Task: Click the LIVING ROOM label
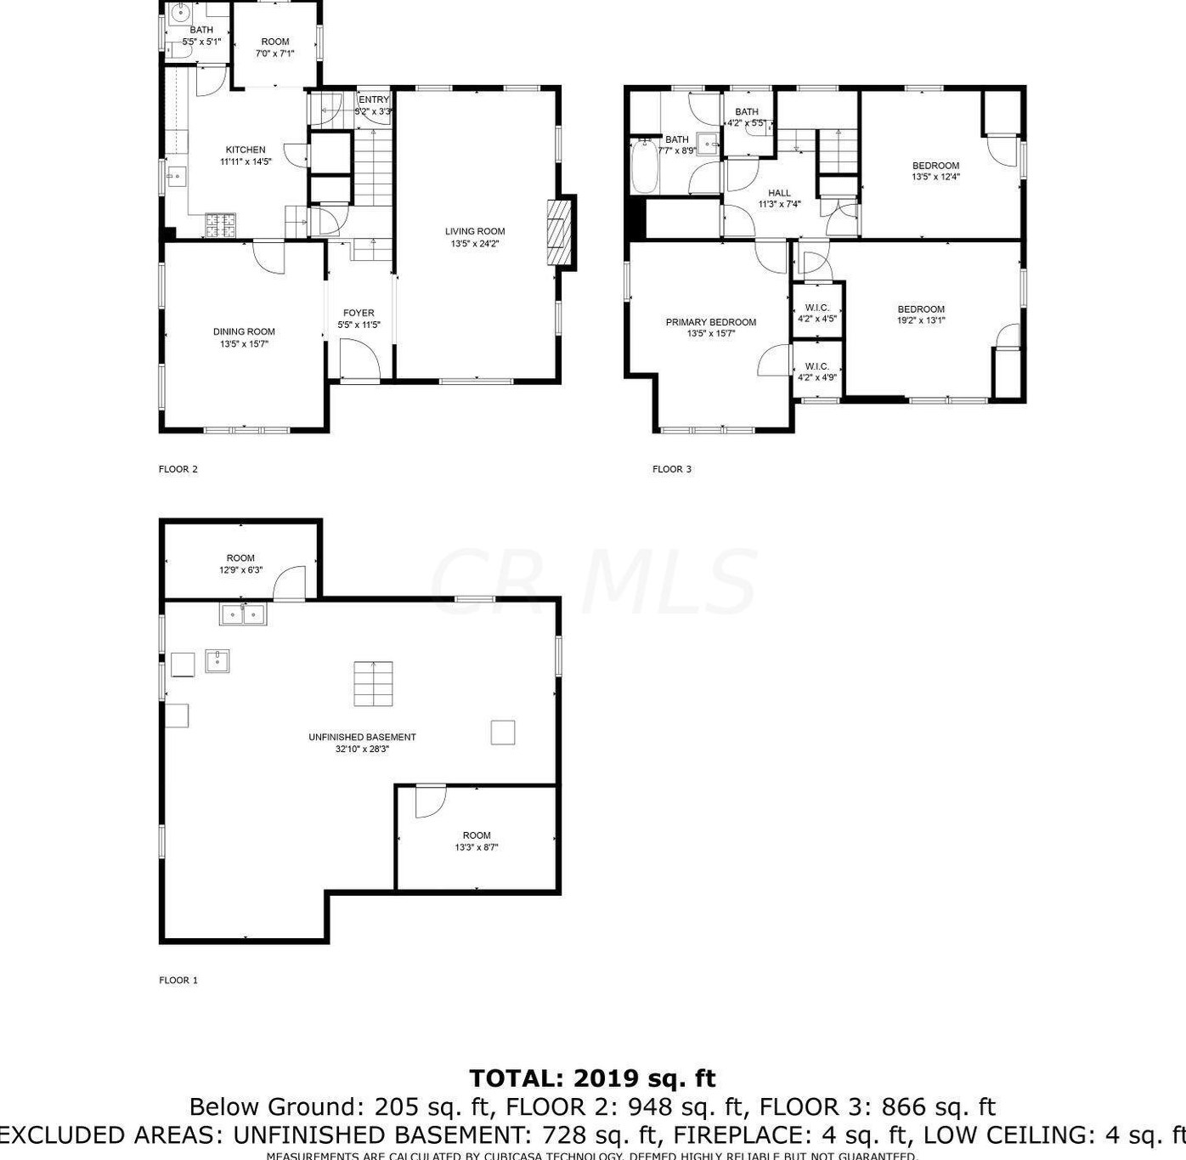point(475,231)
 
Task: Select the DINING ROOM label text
point(244,331)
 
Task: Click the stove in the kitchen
point(223,225)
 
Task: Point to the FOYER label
point(359,313)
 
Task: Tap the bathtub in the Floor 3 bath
point(644,167)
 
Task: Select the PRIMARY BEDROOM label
point(710,322)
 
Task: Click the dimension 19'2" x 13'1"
point(921,321)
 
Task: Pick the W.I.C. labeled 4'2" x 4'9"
point(816,371)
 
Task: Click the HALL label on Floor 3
point(779,193)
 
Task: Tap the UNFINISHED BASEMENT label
point(362,737)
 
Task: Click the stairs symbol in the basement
point(374,683)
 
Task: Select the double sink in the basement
point(243,614)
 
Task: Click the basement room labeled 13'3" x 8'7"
point(477,840)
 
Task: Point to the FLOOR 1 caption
point(178,980)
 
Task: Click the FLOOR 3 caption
point(672,469)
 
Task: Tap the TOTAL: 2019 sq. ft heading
point(592,1078)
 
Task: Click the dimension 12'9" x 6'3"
point(240,570)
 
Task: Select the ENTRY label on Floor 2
point(374,99)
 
